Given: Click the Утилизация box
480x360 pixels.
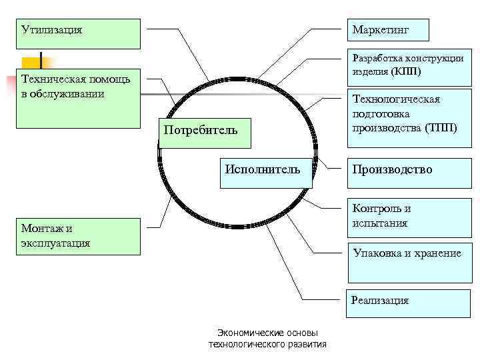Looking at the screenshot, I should (x=80, y=33).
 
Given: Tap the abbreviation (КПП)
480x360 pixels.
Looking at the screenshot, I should (x=402, y=71).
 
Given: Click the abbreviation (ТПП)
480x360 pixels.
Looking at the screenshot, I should (x=441, y=127).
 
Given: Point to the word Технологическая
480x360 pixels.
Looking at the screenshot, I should (x=396, y=99).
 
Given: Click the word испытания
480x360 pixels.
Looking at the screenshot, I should (x=380, y=223).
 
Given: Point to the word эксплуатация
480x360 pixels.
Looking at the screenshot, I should (x=55, y=243).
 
